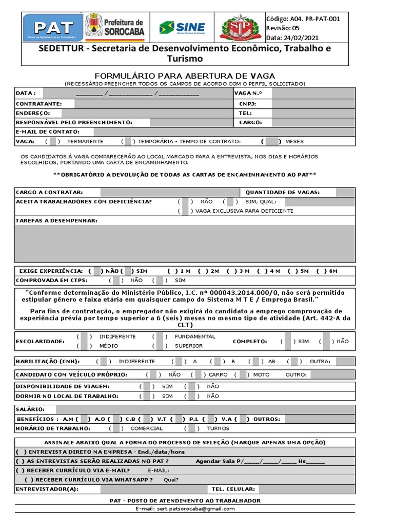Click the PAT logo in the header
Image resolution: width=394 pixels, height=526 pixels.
click(x=53, y=28)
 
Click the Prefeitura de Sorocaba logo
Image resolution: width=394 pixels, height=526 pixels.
click(x=115, y=28)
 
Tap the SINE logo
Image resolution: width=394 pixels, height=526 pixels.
click(x=182, y=28)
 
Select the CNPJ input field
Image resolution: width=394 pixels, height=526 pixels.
click(x=312, y=103)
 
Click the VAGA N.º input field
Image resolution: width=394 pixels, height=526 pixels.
click(x=312, y=93)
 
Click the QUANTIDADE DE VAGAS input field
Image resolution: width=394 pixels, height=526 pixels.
click(x=345, y=192)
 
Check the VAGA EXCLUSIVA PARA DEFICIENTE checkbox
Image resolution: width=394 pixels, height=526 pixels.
click(x=185, y=211)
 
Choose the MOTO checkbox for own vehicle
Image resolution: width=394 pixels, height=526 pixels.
click(x=243, y=374)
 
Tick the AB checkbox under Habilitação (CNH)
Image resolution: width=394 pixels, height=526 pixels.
click(x=254, y=361)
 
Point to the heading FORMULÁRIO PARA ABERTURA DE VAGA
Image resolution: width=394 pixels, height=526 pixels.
click(x=185, y=76)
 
